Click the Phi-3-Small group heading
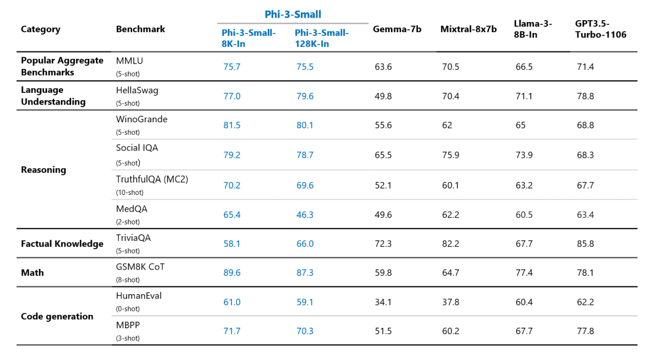(293, 14)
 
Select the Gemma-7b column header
(397, 29)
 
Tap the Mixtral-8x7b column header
(468, 29)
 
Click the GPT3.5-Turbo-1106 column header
(601, 29)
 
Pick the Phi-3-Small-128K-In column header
(321, 38)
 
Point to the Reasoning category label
(43, 170)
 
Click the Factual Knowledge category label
(62, 244)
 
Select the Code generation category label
(57, 317)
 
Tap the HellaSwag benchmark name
(137, 90)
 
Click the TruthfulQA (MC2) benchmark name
(152, 179)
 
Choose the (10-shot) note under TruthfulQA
(129, 193)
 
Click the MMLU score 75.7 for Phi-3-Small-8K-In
(231, 67)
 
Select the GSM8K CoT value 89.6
(231, 273)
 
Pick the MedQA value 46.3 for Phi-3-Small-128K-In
(305, 215)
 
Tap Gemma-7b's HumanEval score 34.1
(383, 302)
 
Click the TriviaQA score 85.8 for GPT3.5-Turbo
(585, 244)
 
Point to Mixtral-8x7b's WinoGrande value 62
(447, 125)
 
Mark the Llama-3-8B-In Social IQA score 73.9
(524, 155)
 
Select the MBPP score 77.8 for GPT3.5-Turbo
(585, 331)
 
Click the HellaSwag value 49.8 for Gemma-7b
(383, 96)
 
